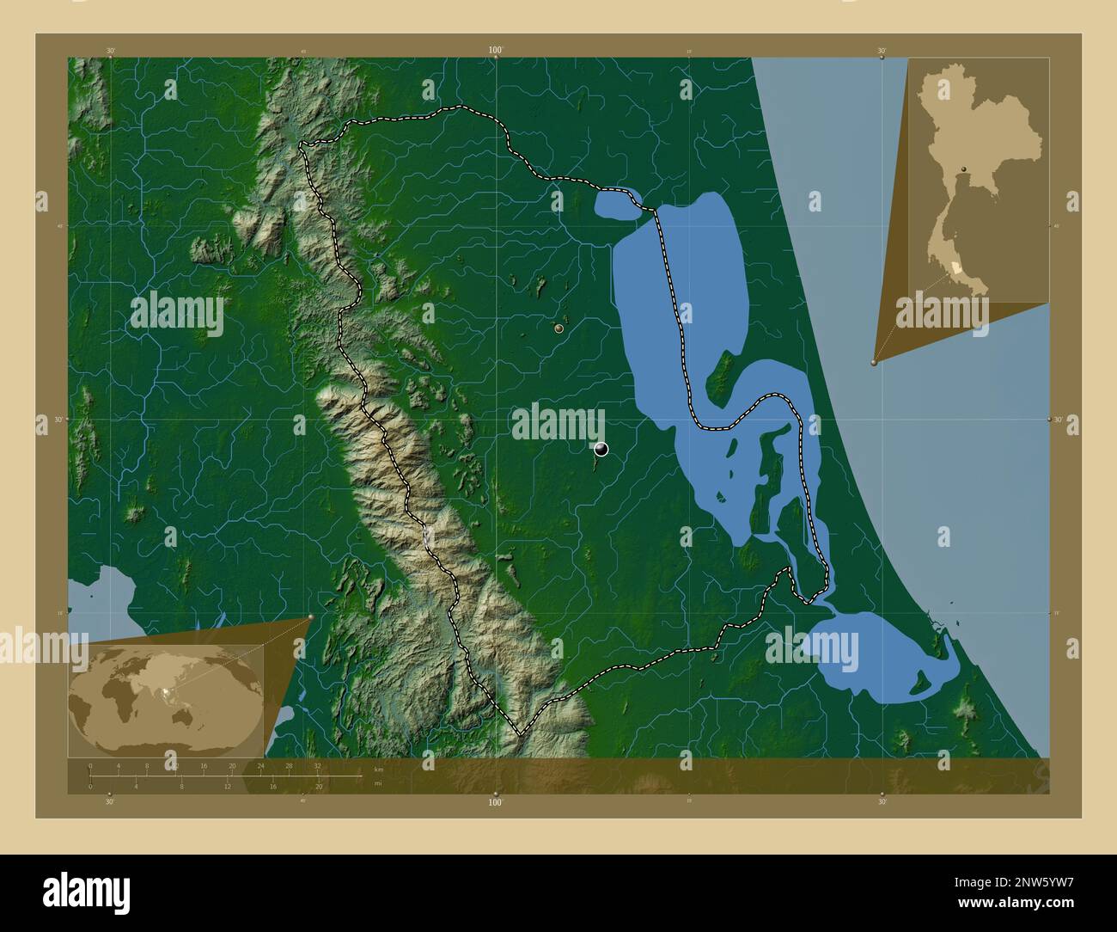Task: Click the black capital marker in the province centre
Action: [601, 448]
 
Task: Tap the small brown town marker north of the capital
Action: [559, 328]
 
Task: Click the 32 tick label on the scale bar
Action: [317, 765]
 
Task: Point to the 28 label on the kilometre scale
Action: [290, 765]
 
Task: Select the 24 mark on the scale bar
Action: [261, 765]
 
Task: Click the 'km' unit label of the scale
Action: [379, 769]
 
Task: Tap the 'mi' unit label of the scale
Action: [377, 784]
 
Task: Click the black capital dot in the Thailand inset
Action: [964, 169]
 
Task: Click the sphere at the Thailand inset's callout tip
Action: [874, 363]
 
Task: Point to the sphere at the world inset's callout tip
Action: [310, 616]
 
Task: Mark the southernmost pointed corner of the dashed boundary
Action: [517, 734]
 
